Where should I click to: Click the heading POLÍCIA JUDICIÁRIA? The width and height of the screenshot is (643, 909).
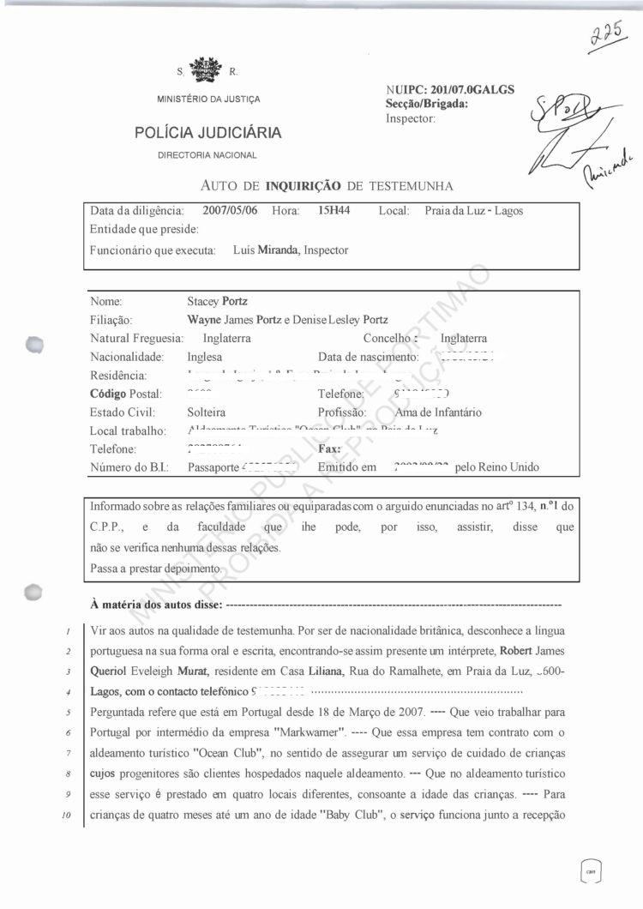207,133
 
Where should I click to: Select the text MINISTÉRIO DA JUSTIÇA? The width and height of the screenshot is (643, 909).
208,99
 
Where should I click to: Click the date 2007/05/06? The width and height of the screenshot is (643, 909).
231,211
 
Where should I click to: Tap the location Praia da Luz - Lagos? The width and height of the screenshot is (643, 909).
473,211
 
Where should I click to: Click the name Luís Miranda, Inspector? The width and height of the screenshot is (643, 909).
291,250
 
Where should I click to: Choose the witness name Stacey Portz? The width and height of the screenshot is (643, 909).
217,302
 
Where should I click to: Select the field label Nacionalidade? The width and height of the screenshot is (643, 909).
126,357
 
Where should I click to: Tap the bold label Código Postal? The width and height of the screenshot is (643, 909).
126,394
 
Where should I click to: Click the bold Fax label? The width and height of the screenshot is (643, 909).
329,448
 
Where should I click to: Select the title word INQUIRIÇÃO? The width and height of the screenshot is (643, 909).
303,185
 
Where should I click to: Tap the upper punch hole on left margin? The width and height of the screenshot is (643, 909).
34,344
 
